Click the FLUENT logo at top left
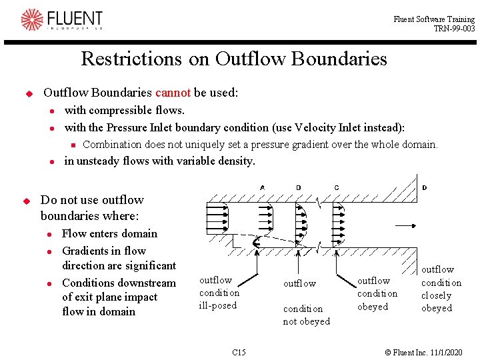coord(61,20)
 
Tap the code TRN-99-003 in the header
coord(454,29)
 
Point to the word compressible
coord(118,110)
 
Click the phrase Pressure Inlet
coord(138,127)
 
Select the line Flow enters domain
coord(109,233)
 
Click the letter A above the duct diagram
coord(263,187)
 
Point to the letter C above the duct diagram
coord(337,187)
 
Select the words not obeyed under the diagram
coord(307,321)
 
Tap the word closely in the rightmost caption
coord(437,295)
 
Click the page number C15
coord(239,352)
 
